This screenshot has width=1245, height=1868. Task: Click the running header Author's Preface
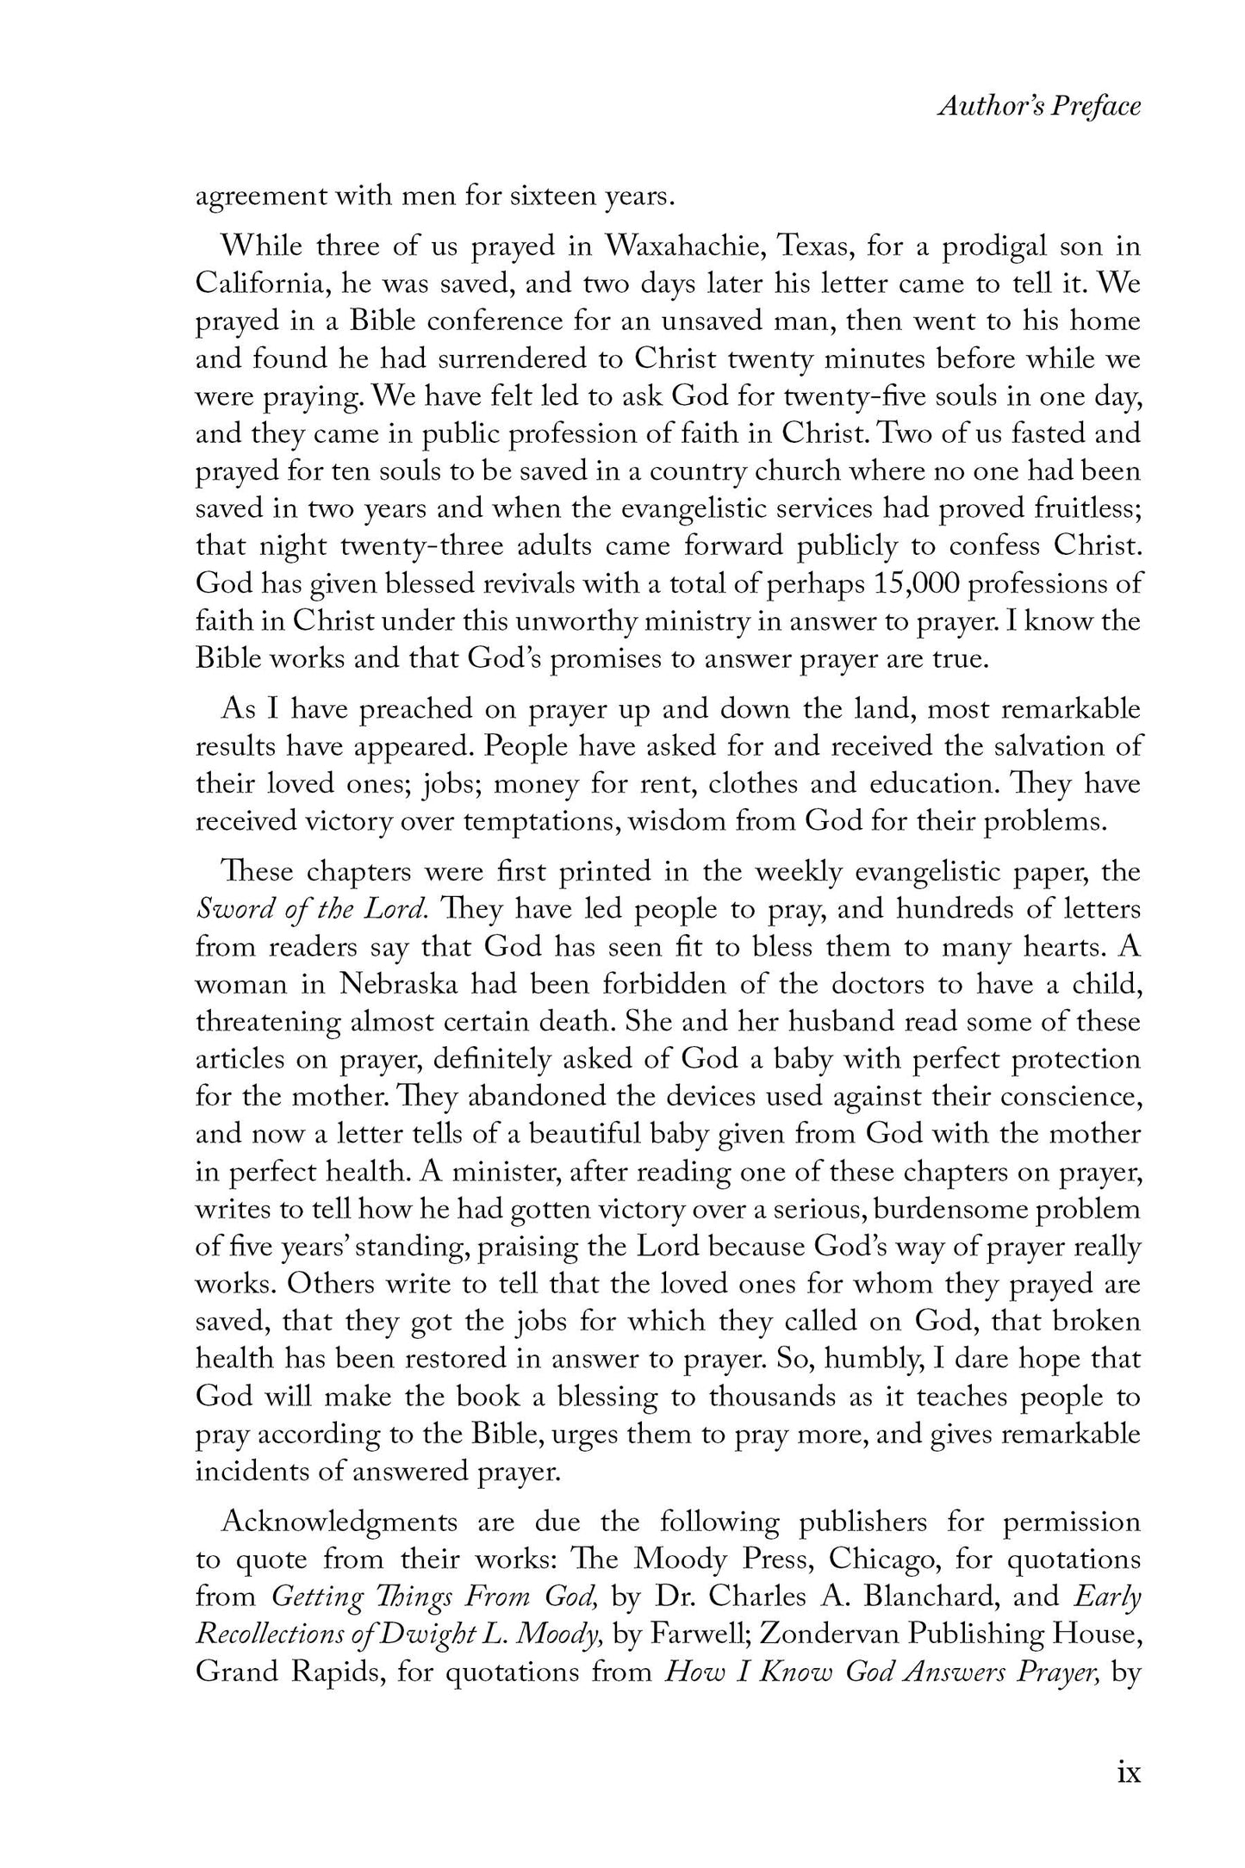coord(1039,106)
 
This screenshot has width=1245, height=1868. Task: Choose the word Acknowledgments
coord(340,1522)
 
